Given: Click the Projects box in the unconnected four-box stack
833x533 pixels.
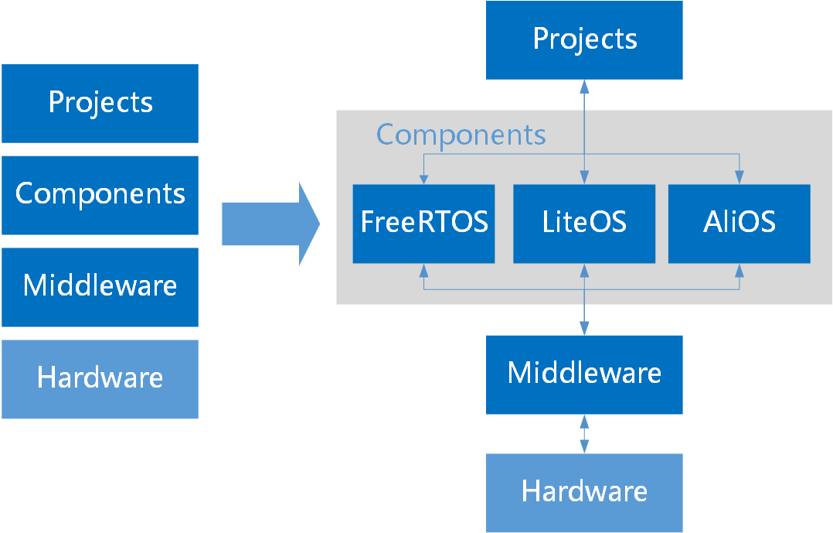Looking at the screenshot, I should tap(100, 103).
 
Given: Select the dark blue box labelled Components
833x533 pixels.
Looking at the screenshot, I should tap(100, 195).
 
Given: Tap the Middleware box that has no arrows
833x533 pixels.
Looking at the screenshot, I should tap(100, 286).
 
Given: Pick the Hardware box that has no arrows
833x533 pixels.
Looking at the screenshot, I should tap(100, 378).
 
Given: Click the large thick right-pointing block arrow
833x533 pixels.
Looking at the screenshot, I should tap(270, 224).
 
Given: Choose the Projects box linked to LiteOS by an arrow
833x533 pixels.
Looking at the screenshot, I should tap(584, 39).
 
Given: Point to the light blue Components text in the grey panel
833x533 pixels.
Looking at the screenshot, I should tap(461, 135).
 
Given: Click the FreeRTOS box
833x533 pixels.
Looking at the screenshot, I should tap(423, 224).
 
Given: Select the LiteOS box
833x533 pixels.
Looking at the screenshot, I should tap(584, 224).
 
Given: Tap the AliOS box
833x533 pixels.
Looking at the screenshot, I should tap(739, 224).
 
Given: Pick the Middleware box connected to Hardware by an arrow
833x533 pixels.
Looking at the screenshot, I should tap(584, 374).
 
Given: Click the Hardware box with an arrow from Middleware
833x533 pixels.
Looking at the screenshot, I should tap(584, 492).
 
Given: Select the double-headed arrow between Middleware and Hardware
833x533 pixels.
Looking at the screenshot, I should tap(584, 433).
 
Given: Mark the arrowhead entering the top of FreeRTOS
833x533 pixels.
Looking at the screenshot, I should tap(423, 179).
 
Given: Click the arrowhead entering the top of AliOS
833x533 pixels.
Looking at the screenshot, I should tap(739, 179).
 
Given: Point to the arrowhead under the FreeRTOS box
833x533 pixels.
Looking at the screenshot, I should tap(423, 270).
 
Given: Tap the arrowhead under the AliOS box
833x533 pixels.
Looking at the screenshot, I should tap(739, 270).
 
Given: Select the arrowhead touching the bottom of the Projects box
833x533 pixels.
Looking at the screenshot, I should tap(584, 85).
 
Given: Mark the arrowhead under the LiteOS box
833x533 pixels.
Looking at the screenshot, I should tap(584, 270).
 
